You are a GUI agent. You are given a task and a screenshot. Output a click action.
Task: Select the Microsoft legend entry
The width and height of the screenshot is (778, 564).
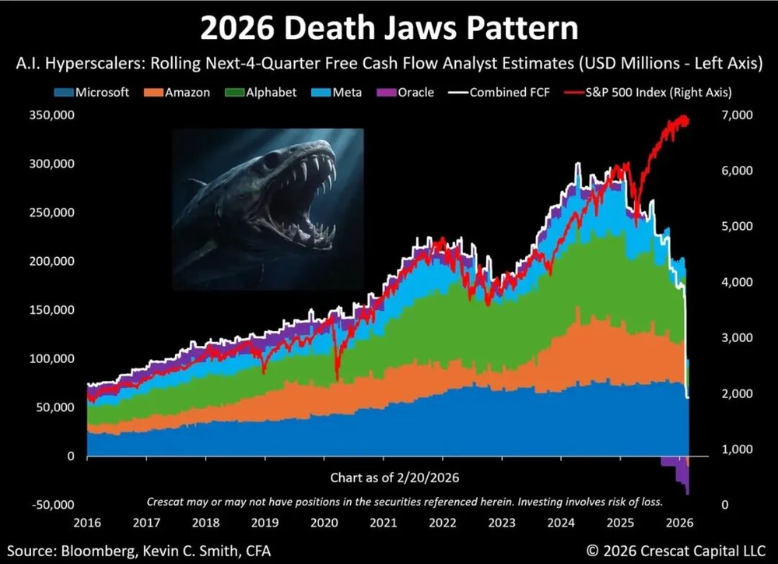tap(101, 92)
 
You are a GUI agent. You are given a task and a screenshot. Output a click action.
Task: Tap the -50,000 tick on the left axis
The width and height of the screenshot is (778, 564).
tap(53, 505)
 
